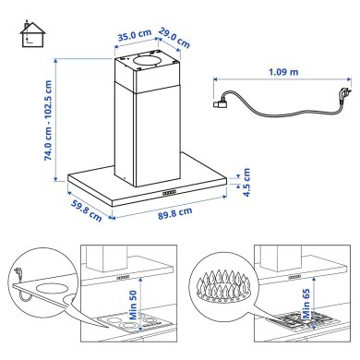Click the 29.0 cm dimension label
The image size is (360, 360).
[176, 38]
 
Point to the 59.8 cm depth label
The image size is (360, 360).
[86, 211]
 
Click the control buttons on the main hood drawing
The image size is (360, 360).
[170, 192]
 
